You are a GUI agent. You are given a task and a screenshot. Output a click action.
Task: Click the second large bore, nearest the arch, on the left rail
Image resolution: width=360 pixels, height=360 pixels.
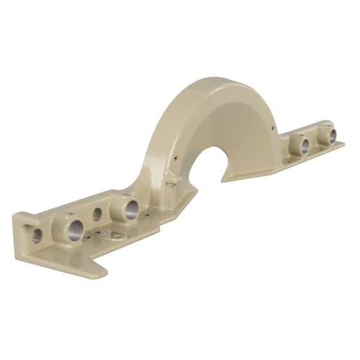point(132,207)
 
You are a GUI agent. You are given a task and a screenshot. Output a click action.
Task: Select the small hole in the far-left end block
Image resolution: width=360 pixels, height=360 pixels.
point(37,233)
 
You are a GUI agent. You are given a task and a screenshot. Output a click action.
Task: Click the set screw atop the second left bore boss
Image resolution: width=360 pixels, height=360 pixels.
point(124,192)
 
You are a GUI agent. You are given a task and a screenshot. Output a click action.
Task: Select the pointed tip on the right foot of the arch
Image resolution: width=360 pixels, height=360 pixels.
point(224,178)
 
